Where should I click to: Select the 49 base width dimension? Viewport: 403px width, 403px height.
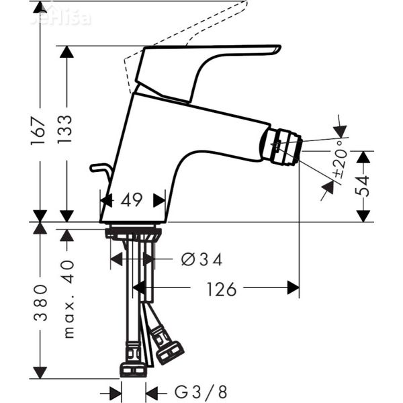coord(132,200)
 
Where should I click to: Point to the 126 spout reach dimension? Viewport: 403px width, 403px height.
coord(221,289)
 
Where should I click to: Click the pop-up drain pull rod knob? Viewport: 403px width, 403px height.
coord(96,167)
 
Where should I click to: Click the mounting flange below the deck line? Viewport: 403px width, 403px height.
coord(133,234)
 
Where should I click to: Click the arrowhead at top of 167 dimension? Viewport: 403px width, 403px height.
coord(40,8)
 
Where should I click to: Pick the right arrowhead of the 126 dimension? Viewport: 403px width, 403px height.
coord(293,288)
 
